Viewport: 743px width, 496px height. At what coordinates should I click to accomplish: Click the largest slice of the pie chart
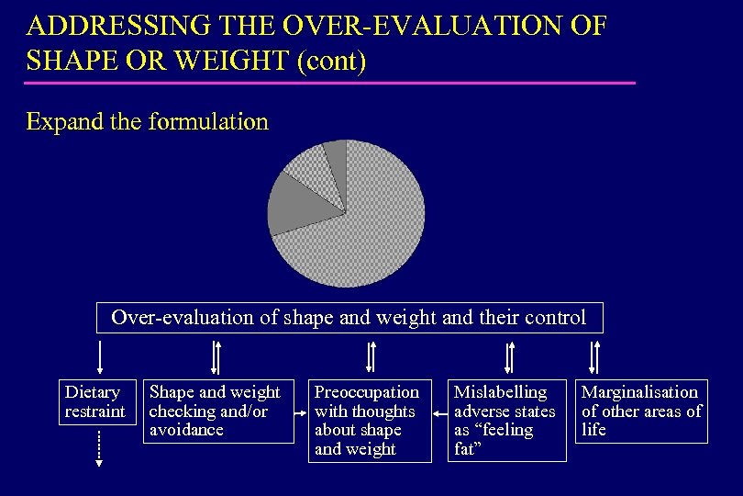coord(376,230)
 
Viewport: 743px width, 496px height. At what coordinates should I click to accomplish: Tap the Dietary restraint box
coord(94,401)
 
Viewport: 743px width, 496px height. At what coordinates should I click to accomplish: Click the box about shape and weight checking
coord(217,411)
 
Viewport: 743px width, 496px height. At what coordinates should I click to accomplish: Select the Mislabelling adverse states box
coord(506,420)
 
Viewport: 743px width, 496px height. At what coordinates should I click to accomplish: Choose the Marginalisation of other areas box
coord(641,411)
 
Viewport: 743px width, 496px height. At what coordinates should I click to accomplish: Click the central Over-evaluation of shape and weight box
coord(349,318)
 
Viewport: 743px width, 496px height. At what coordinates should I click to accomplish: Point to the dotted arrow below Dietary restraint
coord(99,449)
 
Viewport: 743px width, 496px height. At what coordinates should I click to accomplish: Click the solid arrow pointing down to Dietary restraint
coord(99,356)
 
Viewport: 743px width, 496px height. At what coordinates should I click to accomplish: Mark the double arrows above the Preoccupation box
coord(371,356)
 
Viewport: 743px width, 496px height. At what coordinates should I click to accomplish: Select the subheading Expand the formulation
coord(148,122)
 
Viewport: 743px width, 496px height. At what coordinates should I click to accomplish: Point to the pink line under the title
coord(330,84)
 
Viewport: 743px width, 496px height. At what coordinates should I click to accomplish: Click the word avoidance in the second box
coord(186,430)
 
